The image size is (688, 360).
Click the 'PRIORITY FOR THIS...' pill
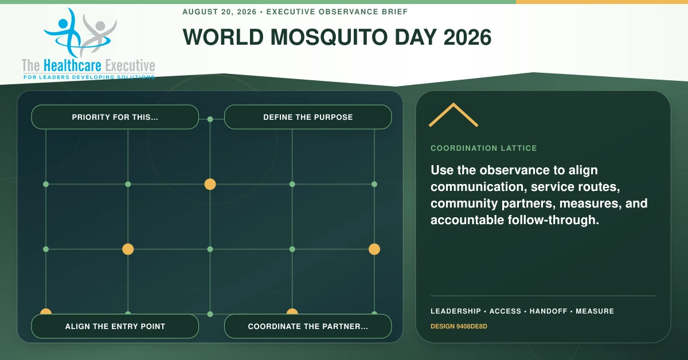click(x=115, y=117)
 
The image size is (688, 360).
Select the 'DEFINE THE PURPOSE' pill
click(x=308, y=117)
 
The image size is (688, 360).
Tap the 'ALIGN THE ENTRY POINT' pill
click(x=115, y=326)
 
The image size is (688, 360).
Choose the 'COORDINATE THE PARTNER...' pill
click(x=308, y=326)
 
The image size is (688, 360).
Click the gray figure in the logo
click(x=97, y=36)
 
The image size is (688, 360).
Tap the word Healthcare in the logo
click(x=72, y=65)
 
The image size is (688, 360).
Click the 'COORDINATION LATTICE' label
click(x=483, y=148)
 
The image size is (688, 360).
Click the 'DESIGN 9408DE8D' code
click(x=459, y=326)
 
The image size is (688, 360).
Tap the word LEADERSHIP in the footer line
click(x=455, y=311)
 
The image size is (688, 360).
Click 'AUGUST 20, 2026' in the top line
click(x=219, y=12)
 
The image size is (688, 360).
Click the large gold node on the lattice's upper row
click(x=210, y=185)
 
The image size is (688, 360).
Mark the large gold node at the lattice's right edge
click(x=374, y=249)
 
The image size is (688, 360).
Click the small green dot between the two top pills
click(x=210, y=119)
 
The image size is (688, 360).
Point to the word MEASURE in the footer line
click(x=595, y=311)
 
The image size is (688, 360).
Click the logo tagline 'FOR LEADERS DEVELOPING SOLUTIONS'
click(x=89, y=77)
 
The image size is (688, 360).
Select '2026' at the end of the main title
click(x=467, y=37)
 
